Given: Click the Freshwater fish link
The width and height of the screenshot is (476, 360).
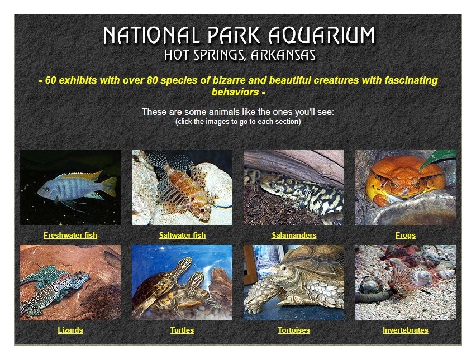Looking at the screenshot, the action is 70,235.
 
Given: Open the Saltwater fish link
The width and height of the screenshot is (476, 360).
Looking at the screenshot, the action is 182,235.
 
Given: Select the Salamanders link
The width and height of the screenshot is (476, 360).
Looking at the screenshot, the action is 294,235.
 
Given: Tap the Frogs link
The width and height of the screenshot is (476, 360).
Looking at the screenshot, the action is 406,235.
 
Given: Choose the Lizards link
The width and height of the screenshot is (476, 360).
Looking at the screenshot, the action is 70,330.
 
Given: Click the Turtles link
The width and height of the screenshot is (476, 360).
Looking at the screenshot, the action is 182,330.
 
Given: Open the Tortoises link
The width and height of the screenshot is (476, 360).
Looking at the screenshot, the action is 294,330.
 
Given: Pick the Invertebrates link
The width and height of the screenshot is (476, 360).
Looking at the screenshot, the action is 406,330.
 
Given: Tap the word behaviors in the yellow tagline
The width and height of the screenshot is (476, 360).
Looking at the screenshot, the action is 235,92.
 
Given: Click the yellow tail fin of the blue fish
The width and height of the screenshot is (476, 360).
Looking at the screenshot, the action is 110,186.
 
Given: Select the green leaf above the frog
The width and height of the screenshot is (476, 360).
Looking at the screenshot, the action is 437,159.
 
